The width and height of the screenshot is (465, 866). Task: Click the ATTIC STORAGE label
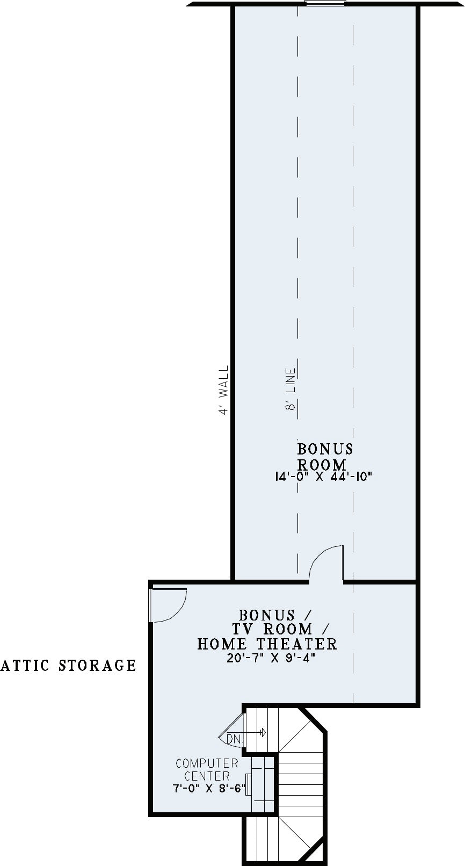(68, 666)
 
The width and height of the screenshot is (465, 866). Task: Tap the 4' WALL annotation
(224, 390)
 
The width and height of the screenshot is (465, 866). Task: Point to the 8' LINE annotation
(290, 389)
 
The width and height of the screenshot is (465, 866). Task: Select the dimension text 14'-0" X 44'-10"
(323, 477)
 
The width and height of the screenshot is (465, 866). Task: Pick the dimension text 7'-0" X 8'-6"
(209, 788)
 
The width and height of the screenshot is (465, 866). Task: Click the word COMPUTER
(207, 763)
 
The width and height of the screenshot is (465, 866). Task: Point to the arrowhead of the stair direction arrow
(263, 732)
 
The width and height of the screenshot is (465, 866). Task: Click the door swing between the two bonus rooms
(326, 563)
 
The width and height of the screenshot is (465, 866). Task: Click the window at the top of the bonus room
(325, 3)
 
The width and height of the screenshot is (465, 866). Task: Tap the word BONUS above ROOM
(325, 449)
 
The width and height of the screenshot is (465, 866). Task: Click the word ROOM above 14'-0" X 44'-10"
(322, 464)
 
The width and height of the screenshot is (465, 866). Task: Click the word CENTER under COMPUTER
(207, 776)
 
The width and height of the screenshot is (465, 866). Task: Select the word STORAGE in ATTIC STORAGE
(97, 666)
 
